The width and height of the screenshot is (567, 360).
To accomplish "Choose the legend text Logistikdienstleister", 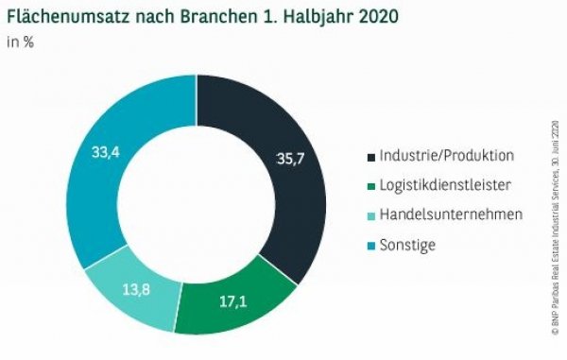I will [x=443, y=185].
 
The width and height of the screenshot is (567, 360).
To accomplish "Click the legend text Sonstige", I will [x=409, y=245].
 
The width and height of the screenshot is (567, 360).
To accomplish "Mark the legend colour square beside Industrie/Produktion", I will [x=370, y=156].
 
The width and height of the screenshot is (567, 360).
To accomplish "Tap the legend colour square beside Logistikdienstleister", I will [x=370, y=186].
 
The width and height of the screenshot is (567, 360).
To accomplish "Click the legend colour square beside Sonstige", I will [x=370, y=246].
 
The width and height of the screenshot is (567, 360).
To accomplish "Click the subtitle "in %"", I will [x=21, y=43].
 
